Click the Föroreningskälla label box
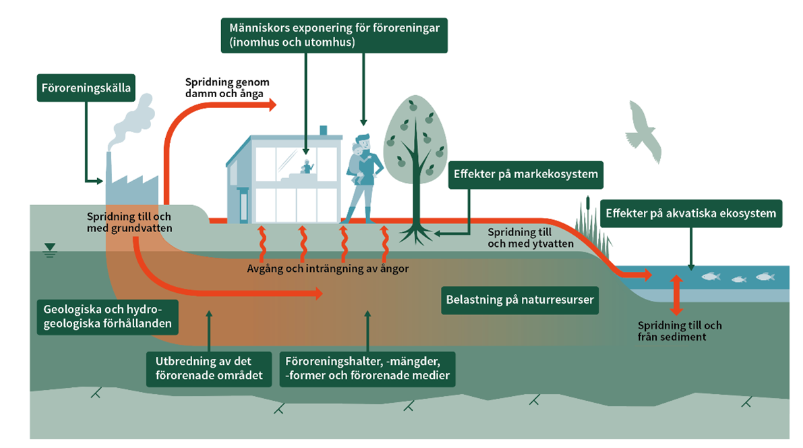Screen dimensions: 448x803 (85, 88)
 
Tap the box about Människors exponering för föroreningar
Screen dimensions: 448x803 (334, 35)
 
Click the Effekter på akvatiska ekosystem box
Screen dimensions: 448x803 (690, 213)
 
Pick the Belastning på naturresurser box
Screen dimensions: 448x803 (519, 300)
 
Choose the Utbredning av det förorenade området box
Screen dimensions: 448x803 (209, 368)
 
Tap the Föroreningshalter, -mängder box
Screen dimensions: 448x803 (367, 368)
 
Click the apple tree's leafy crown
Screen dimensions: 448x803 (414, 138)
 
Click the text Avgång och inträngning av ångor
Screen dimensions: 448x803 (328, 269)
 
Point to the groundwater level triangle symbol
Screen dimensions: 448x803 (49, 254)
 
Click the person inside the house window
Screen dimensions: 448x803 (308, 167)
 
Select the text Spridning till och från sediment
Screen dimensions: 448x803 (680, 331)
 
